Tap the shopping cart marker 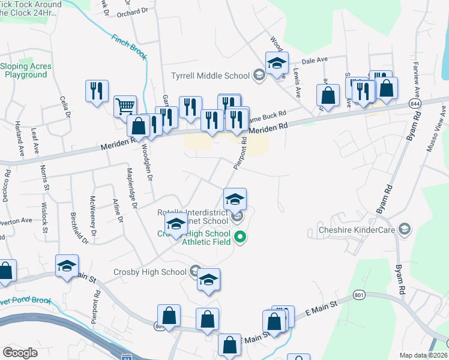[x=125, y=107]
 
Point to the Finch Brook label [x=129, y=46]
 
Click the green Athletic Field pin [x=240, y=237]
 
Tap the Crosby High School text [x=150, y=272]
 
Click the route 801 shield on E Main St [x=360, y=295]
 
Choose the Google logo [x=20, y=353]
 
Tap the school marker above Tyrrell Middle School [x=277, y=62]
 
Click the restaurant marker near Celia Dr [x=96, y=91]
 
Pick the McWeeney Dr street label [x=93, y=216]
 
